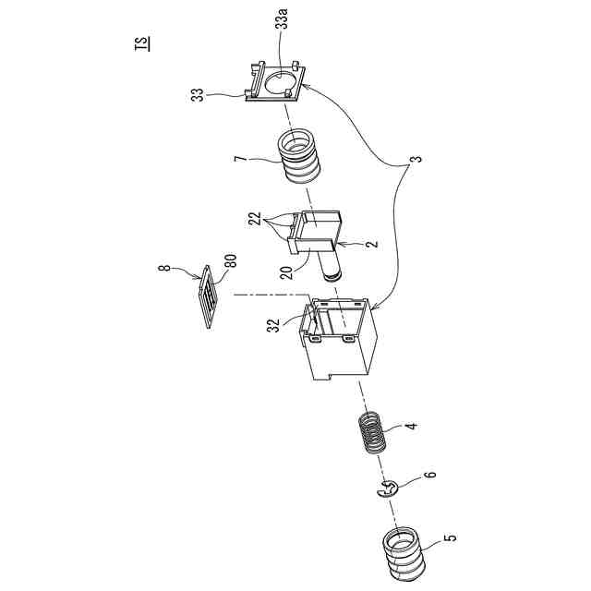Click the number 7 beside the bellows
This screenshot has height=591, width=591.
pyautogui.click(x=239, y=162)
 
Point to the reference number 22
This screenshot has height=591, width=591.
pyautogui.click(x=253, y=219)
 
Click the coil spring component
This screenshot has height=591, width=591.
pyautogui.click(x=372, y=432)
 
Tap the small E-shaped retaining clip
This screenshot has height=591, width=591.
pyautogui.click(x=387, y=493)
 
